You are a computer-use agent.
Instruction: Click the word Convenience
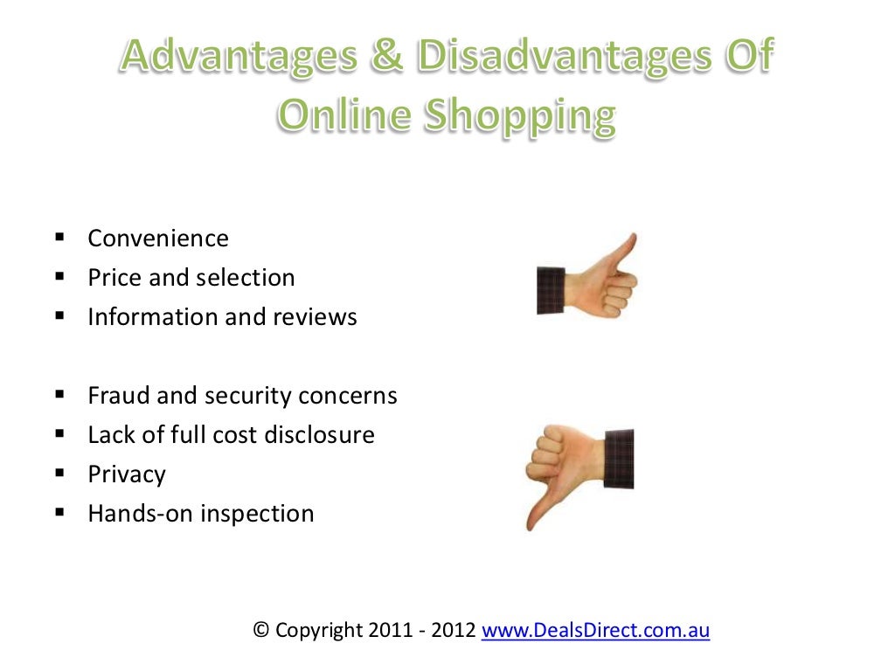pos(158,239)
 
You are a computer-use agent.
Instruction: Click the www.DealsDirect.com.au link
pos(595,629)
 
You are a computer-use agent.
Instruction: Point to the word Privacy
pos(127,474)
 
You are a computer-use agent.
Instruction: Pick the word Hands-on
pos(141,514)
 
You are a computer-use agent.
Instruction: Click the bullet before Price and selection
pos(60,277)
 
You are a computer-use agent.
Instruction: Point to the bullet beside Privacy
pos(60,474)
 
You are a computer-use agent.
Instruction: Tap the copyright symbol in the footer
pos(260,629)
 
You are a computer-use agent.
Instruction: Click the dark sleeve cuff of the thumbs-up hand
pos(551,290)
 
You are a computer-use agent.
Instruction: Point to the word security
pos(248,396)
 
